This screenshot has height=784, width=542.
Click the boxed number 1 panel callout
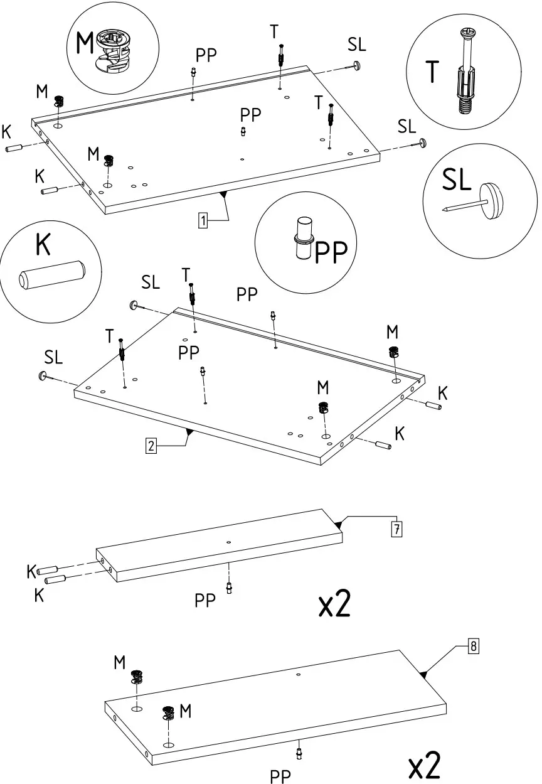pyautogui.click(x=203, y=220)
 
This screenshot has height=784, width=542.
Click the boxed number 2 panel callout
pyautogui.click(x=151, y=446)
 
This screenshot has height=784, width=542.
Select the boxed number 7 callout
pyautogui.click(x=396, y=529)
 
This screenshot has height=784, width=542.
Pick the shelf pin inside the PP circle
pyautogui.click(x=304, y=239)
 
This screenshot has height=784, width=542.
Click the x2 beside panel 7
pyautogui.click(x=334, y=604)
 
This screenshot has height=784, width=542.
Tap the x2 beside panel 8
pyautogui.click(x=424, y=766)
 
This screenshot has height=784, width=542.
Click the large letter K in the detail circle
pyautogui.click(x=43, y=244)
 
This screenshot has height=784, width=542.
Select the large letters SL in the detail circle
pyautogui.click(x=457, y=180)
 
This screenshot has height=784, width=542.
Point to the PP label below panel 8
pyautogui.click(x=280, y=776)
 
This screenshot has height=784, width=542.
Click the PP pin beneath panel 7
pyautogui.click(x=229, y=588)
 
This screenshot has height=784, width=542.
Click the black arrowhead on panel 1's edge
pyautogui.click(x=223, y=195)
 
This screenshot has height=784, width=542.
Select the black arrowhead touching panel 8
pyautogui.click(x=423, y=674)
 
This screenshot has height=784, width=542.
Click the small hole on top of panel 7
pyautogui.click(x=229, y=542)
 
